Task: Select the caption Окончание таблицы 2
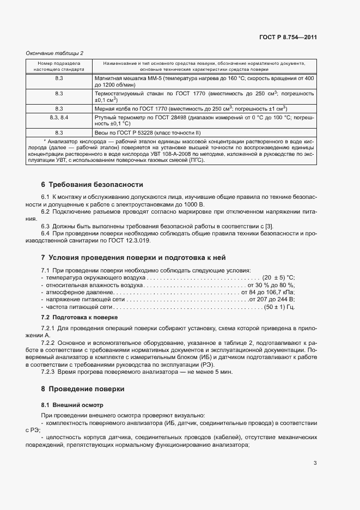pos(55,53)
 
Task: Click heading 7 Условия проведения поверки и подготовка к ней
pos(133,258)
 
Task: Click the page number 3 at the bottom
pos(315,463)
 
